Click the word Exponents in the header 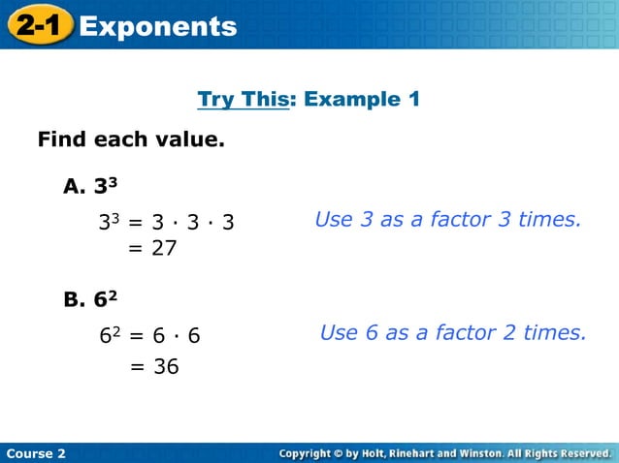[x=158, y=26]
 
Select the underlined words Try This [x=243, y=99]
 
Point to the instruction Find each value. [x=131, y=140]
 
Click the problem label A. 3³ [x=91, y=186]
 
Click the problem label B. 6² [x=91, y=299]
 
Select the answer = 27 [x=153, y=249]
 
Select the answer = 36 [x=154, y=367]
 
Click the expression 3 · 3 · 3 [x=193, y=223]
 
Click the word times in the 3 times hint [x=550, y=220]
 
